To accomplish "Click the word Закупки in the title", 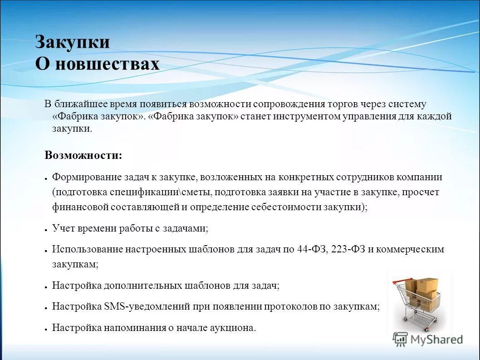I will (x=73, y=42).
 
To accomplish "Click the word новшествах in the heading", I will (x=107, y=64).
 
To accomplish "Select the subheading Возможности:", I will (x=83, y=155).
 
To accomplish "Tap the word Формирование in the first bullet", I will (x=81, y=177).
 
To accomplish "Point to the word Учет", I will (x=62, y=229).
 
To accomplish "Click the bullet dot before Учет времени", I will (x=47, y=230).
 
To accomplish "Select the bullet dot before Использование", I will (x=47, y=251).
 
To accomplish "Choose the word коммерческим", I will (x=410, y=249).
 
